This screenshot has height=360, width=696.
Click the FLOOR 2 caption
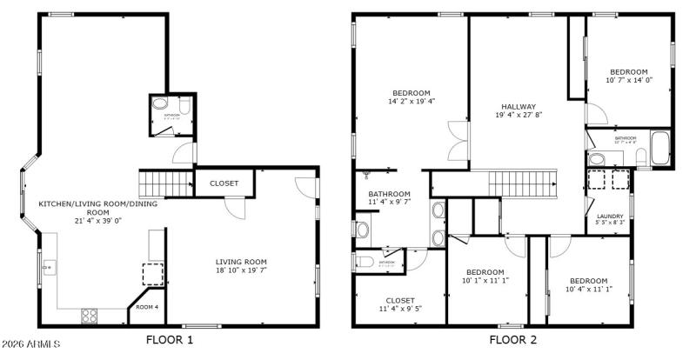pos(512,339)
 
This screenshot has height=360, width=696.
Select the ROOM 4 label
pos(147,307)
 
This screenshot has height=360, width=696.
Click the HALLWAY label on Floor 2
pos(519,110)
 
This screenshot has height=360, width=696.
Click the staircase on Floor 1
pos(165,184)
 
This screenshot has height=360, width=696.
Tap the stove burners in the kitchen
pos(90,316)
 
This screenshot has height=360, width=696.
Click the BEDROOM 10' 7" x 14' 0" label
pos(628,76)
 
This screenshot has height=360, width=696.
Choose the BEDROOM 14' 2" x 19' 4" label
pos(412,97)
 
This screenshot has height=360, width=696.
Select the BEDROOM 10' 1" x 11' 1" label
pos(485,276)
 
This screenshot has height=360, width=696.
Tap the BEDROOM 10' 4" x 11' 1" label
pos(588,285)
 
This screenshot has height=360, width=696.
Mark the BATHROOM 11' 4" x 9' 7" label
pos(389,198)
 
